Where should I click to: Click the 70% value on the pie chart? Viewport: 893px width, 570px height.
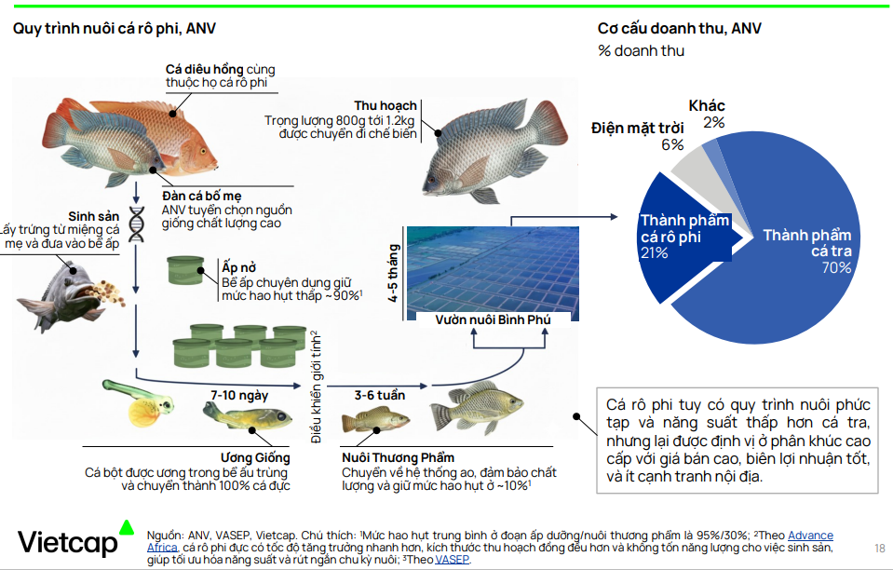[835, 268]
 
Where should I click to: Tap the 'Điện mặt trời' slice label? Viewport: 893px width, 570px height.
[637, 128]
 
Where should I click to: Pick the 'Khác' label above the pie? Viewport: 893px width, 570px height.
[707, 106]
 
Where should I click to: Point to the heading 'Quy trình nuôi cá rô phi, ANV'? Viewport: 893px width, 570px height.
[115, 28]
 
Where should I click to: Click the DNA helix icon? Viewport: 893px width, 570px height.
[138, 224]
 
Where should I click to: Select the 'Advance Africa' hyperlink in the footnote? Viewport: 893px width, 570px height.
[810, 536]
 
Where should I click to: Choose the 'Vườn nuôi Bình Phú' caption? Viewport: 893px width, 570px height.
[494, 319]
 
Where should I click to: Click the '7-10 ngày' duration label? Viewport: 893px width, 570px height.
[239, 396]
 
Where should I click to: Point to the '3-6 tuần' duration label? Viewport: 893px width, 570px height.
[380, 396]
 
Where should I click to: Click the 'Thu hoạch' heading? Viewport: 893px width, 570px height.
[386, 105]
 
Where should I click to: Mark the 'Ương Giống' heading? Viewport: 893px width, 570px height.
[255, 457]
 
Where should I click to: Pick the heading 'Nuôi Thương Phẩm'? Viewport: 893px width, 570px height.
[399, 457]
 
